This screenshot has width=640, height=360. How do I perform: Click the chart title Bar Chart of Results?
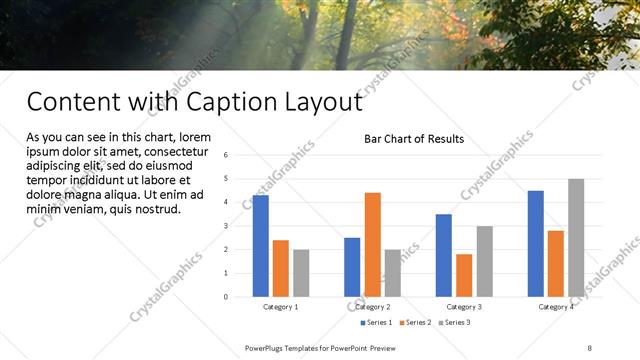pos(413,139)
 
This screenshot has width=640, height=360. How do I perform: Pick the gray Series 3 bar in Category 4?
pos(576,237)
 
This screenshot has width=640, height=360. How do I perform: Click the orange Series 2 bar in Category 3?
pos(464,275)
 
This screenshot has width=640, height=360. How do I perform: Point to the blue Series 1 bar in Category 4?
pos(536,243)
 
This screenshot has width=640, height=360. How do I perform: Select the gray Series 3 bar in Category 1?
pos(301,273)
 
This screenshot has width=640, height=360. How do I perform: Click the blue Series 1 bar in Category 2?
pos(352,266)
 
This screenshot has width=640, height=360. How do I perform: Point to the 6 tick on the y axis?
pos(227,155)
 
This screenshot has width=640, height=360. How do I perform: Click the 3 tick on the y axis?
pos(227,226)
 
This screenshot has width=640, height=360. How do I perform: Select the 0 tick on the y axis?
pos(227,296)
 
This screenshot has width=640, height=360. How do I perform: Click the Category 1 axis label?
pos(280,307)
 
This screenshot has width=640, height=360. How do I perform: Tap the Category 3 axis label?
pos(464,307)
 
